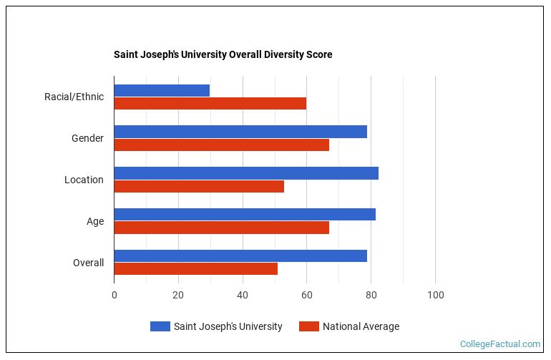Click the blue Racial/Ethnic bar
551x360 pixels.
162,90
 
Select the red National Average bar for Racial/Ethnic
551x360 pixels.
210,103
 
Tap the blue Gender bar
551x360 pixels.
240,132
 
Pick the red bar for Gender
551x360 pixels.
221,145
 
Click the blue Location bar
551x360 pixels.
246,173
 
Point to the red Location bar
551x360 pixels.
199,186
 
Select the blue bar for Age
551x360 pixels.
245,215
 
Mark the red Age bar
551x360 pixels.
221,228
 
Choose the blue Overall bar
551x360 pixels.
240,256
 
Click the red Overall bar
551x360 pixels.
195,269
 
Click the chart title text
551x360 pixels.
223,54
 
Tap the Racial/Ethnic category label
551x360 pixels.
74,97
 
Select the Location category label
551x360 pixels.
84,180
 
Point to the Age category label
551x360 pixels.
95,221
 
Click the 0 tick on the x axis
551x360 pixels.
114,295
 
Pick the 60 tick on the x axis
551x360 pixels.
306,295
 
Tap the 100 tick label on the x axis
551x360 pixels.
435,295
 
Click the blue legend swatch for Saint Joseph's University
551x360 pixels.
160,326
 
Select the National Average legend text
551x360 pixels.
361,326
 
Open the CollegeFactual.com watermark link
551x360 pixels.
500,344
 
